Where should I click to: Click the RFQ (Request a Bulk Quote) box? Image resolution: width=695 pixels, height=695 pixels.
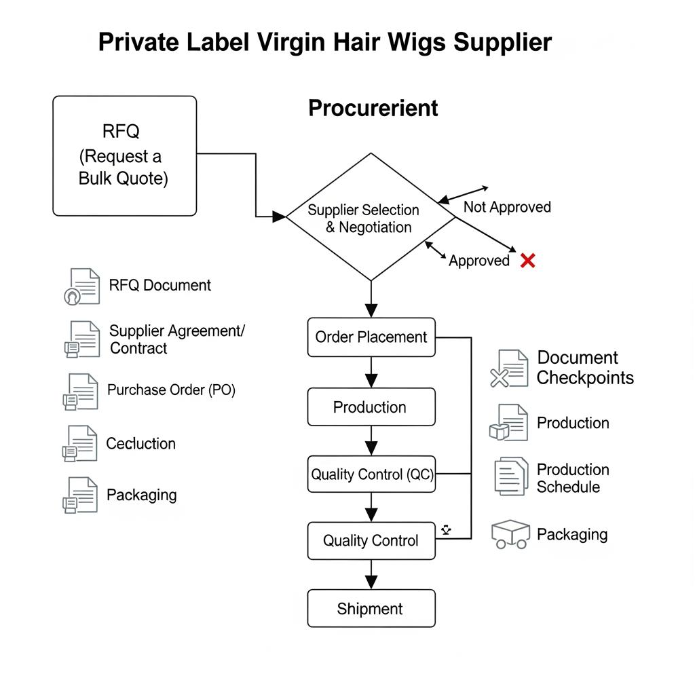pyautogui.click(x=124, y=155)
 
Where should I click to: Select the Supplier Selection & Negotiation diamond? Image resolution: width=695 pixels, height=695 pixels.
pyautogui.click(x=371, y=218)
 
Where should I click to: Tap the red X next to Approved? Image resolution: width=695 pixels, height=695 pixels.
pyautogui.click(x=527, y=261)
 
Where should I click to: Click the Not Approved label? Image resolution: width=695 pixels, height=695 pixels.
pyautogui.click(x=507, y=207)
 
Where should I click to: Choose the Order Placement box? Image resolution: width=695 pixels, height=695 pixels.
pyautogui.click(x=371, y=337)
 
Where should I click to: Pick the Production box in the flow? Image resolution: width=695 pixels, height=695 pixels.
pyautogui.click(x=371, y=407)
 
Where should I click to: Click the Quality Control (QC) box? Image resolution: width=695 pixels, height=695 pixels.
pyautogui.click(x=371, y=474)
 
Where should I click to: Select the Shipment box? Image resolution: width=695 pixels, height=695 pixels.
pyautogui.click(x=371, y=609)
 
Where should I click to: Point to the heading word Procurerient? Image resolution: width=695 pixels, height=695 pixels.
pyautogui.click(x=373, y=108)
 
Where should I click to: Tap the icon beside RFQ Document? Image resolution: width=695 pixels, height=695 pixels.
pyautogui.click(x=81, y=286)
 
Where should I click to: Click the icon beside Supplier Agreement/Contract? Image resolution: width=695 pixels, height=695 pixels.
pyautogui.click(x=81, y=339)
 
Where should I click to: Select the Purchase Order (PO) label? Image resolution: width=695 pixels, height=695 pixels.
pyautogui.click(x=171, y=390)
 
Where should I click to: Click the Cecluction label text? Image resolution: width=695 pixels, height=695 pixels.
pyautogui.click(x=140, y=444)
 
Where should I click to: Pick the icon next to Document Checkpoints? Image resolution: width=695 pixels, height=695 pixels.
pyautogui.click(x=509, y=369)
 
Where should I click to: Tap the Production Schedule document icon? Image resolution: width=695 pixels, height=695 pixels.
pyautogui.click(x=511, y=476)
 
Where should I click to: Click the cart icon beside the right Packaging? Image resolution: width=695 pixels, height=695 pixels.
pyautogui.click(x=510, y=534)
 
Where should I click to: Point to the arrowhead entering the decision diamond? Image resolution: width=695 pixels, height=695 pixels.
pyautogui.click(x=278, y=217)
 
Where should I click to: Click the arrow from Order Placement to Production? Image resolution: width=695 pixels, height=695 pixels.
pyautogui.click(x=371, y=373)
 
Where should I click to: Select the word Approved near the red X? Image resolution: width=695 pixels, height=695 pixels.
pyautogui.click(x=478, y=261)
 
